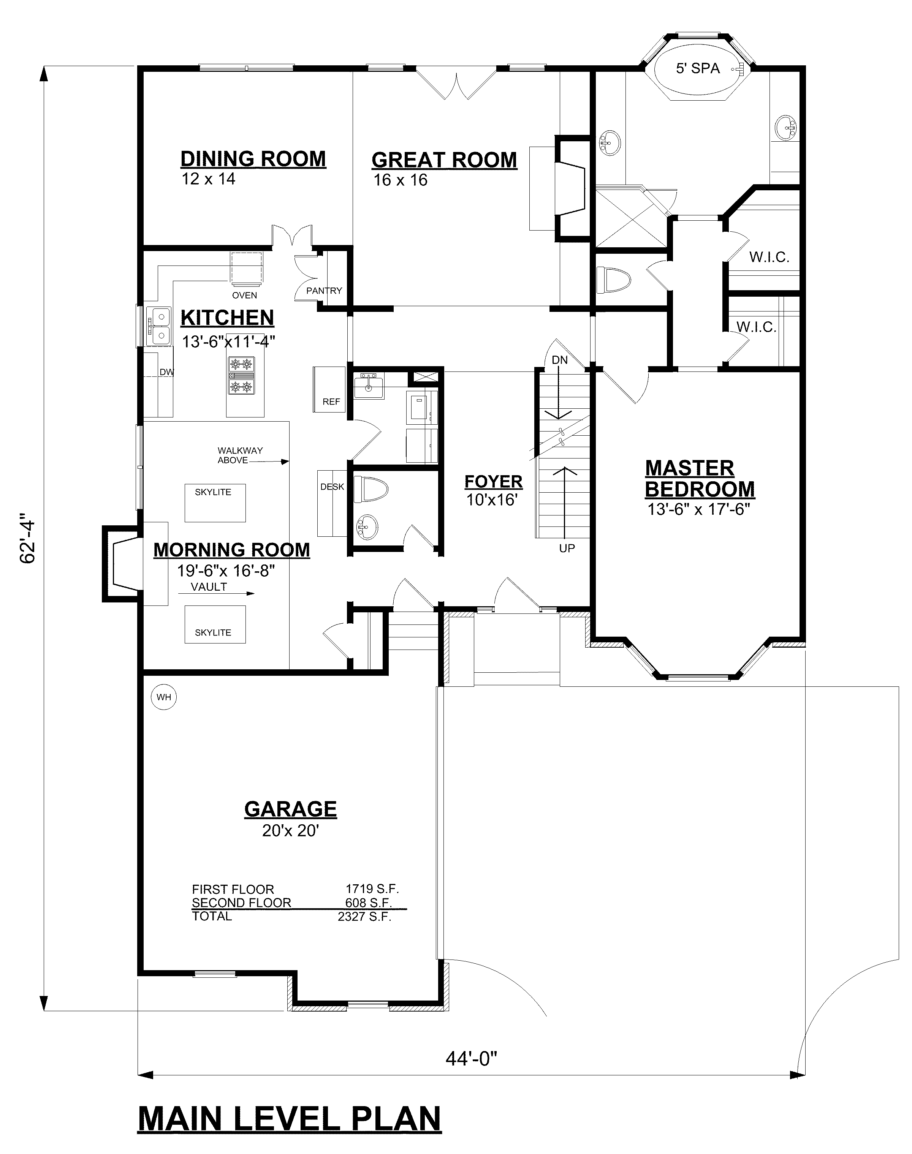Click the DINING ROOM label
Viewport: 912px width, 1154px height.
[253, 159]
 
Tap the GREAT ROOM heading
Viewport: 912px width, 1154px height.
[444, 160]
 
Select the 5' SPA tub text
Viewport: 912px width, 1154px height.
[698, 68]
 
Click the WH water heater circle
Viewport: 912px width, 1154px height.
[164, 697]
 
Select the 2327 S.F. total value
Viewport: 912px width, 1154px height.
[365, 917]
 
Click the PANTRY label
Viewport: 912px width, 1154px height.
[324, 291]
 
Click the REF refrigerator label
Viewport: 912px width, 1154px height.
[331, 402]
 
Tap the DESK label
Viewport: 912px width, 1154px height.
[332, 487]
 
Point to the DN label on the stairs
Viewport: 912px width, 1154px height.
[560, 360]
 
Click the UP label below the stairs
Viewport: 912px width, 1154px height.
[567, 548]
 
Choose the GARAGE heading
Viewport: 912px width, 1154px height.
[290, 809]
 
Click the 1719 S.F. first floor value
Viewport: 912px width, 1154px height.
[372, 889]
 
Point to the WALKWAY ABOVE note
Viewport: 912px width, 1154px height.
[240, 455]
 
